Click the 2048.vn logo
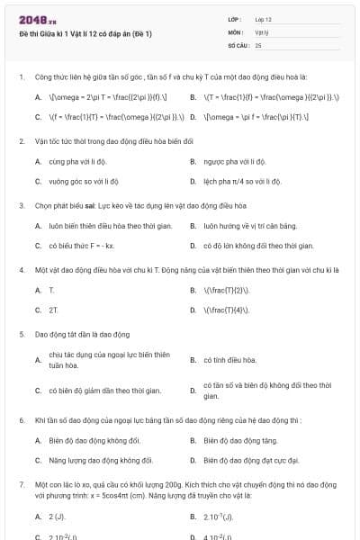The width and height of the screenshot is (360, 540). (x=38, y=19)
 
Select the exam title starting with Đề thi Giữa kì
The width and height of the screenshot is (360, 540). (x=85, y=33)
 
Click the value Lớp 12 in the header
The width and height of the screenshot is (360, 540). (x=264, y=19)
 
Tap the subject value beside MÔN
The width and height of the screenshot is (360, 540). (x=262, y=31)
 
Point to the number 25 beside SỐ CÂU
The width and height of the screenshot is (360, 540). (x=258, y=44)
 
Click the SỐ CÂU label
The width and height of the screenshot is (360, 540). (x=238, y=44)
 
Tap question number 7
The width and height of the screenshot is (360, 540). (x=21, y=484)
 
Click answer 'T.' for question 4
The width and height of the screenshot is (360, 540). (x=51, y=291)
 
